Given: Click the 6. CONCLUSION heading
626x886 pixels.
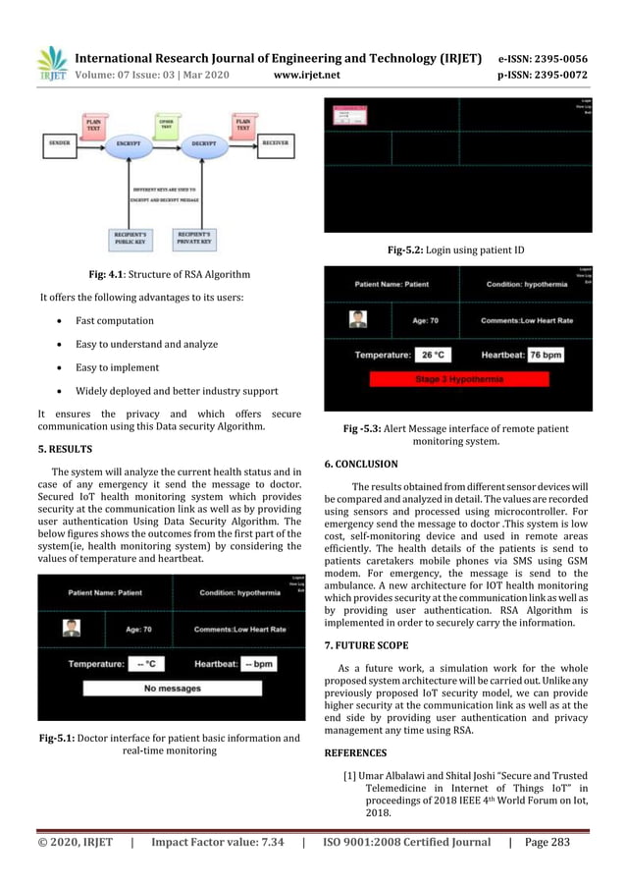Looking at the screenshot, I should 360,463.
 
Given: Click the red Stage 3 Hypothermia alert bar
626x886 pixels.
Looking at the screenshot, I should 459,379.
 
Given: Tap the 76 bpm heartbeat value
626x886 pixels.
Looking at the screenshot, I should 547,354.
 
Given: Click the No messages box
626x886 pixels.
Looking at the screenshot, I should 172,688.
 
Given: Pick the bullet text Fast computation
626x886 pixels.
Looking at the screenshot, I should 115,321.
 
